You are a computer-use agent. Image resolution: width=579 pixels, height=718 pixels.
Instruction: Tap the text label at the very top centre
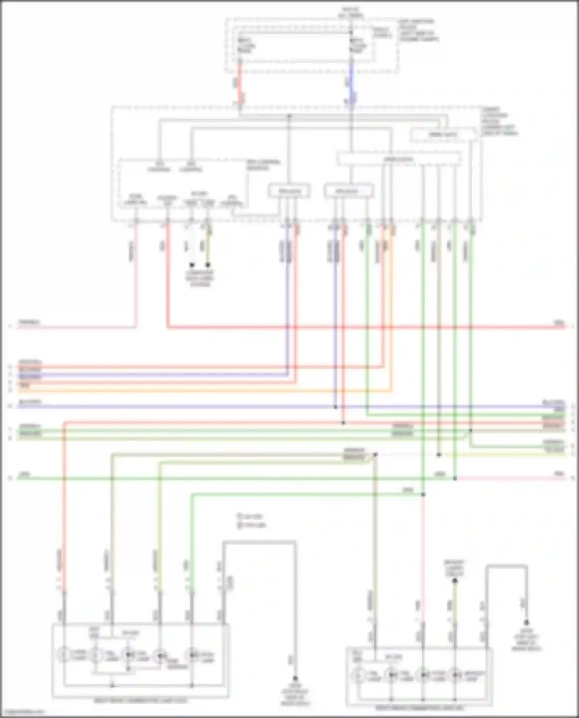pyautogui.click(x=350, y=12)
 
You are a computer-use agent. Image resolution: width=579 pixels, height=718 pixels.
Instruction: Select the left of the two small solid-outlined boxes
pyautogui.click(x=289, y=191)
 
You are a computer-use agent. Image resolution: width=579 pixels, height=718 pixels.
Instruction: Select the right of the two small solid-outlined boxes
pyautogui.click(x=348, y=191)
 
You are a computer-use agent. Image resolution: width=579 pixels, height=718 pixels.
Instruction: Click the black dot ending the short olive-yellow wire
pyautogui.click(x=208, y=265)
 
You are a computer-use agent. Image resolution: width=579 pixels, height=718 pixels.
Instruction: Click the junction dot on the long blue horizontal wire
pyautogui.click(x=335, y=407)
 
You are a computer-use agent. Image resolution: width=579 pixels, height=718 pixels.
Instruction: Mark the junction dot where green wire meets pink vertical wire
pyautogui.click(x=423, y=494)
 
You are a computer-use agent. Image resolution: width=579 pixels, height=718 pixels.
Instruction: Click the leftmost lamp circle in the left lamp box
pyautogui.click(x=65, y=655)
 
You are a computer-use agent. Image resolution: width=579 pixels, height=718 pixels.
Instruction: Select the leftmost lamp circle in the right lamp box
pyautogui.click(x=359, y=676)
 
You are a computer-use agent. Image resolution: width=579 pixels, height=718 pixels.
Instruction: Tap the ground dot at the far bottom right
pyautogui.click(x=526, y=622)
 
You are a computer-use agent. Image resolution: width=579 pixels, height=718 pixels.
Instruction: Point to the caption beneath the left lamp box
pyautogui.click(x=141, y=700)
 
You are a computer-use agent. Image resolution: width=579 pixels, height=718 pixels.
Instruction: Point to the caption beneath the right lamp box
pyautogui.click(x=419, y=708)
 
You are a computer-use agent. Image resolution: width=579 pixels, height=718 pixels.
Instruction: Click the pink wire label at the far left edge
pyautogui.click(x=29, y=322)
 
